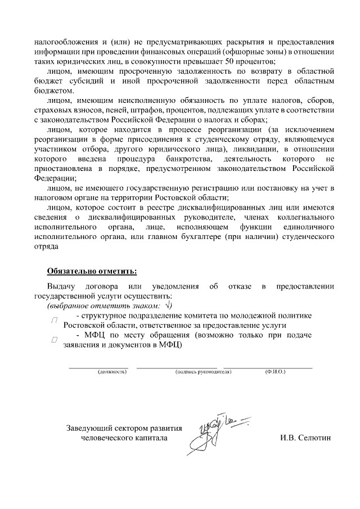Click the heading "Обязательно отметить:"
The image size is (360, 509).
click(x=92, y=271)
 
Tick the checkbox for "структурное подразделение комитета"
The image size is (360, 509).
click(x=55, y=320)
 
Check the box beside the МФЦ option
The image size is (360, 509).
click(x=54, y=340)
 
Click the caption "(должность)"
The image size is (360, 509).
click(x=111, y=372)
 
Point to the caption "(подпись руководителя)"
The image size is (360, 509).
click(x=204, y=372)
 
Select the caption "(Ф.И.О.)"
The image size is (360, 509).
click(x=276, y=372)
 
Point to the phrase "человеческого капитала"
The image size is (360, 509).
click(x=124, y=437)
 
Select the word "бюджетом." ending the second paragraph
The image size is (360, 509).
click(x=53, y=91)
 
